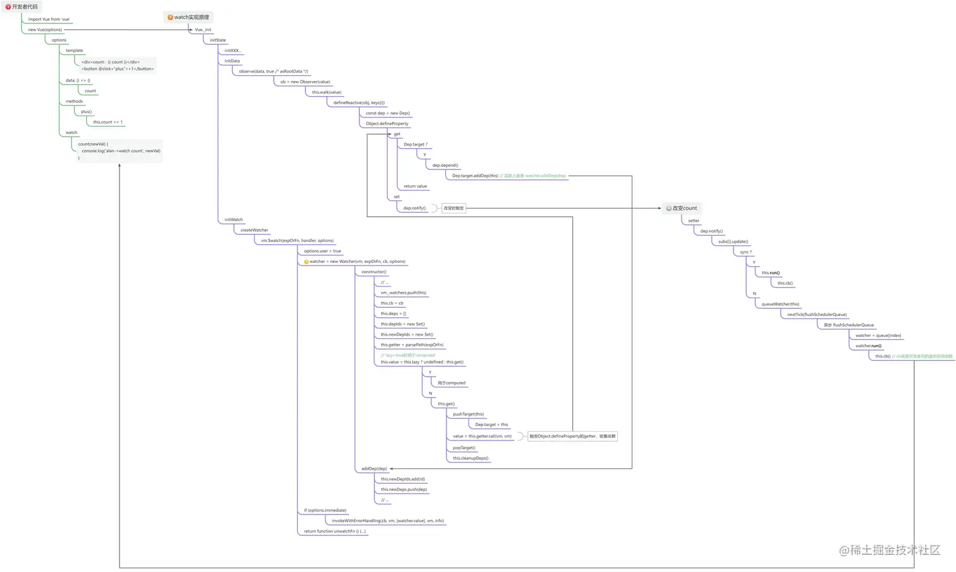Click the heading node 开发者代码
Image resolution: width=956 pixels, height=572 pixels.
(x=23, y=7)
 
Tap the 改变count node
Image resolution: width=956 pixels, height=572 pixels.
(x=682, y=208)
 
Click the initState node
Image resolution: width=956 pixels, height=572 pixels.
(x=218, y=40)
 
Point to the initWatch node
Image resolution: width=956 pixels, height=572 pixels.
(x=233, y=219)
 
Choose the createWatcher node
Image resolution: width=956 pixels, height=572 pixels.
(x=254, y=230)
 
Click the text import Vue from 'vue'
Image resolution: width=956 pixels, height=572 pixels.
(x=49, y=19)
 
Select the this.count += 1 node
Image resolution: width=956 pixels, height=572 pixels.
(x=108, y=122)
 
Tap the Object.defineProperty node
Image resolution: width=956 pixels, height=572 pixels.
(x=387, y=123)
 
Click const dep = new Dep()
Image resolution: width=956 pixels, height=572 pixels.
(x=388, y=113)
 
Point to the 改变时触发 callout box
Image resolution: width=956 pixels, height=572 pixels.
(x=453, y=208)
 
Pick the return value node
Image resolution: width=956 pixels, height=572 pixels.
(x=415, y=186)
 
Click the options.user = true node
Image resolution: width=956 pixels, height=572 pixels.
(x=322, y=251)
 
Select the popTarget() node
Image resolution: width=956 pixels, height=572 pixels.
(x=464, y=447)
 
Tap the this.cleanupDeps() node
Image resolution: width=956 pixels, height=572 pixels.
(x=470, y=458)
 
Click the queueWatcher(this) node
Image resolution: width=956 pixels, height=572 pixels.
(x=780, y=304)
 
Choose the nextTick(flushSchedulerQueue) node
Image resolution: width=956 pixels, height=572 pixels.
(x=817, y=314)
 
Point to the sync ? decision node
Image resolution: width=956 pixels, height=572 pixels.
(x=746, y=252)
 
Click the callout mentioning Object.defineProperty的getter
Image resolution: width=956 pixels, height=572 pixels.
(x=572, y=436)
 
